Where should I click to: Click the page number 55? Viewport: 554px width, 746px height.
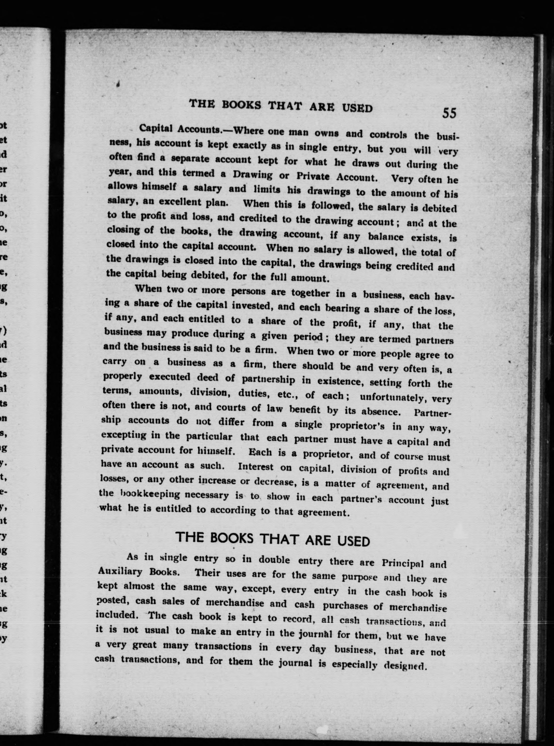pyautogui.click(x=449, y=113)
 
